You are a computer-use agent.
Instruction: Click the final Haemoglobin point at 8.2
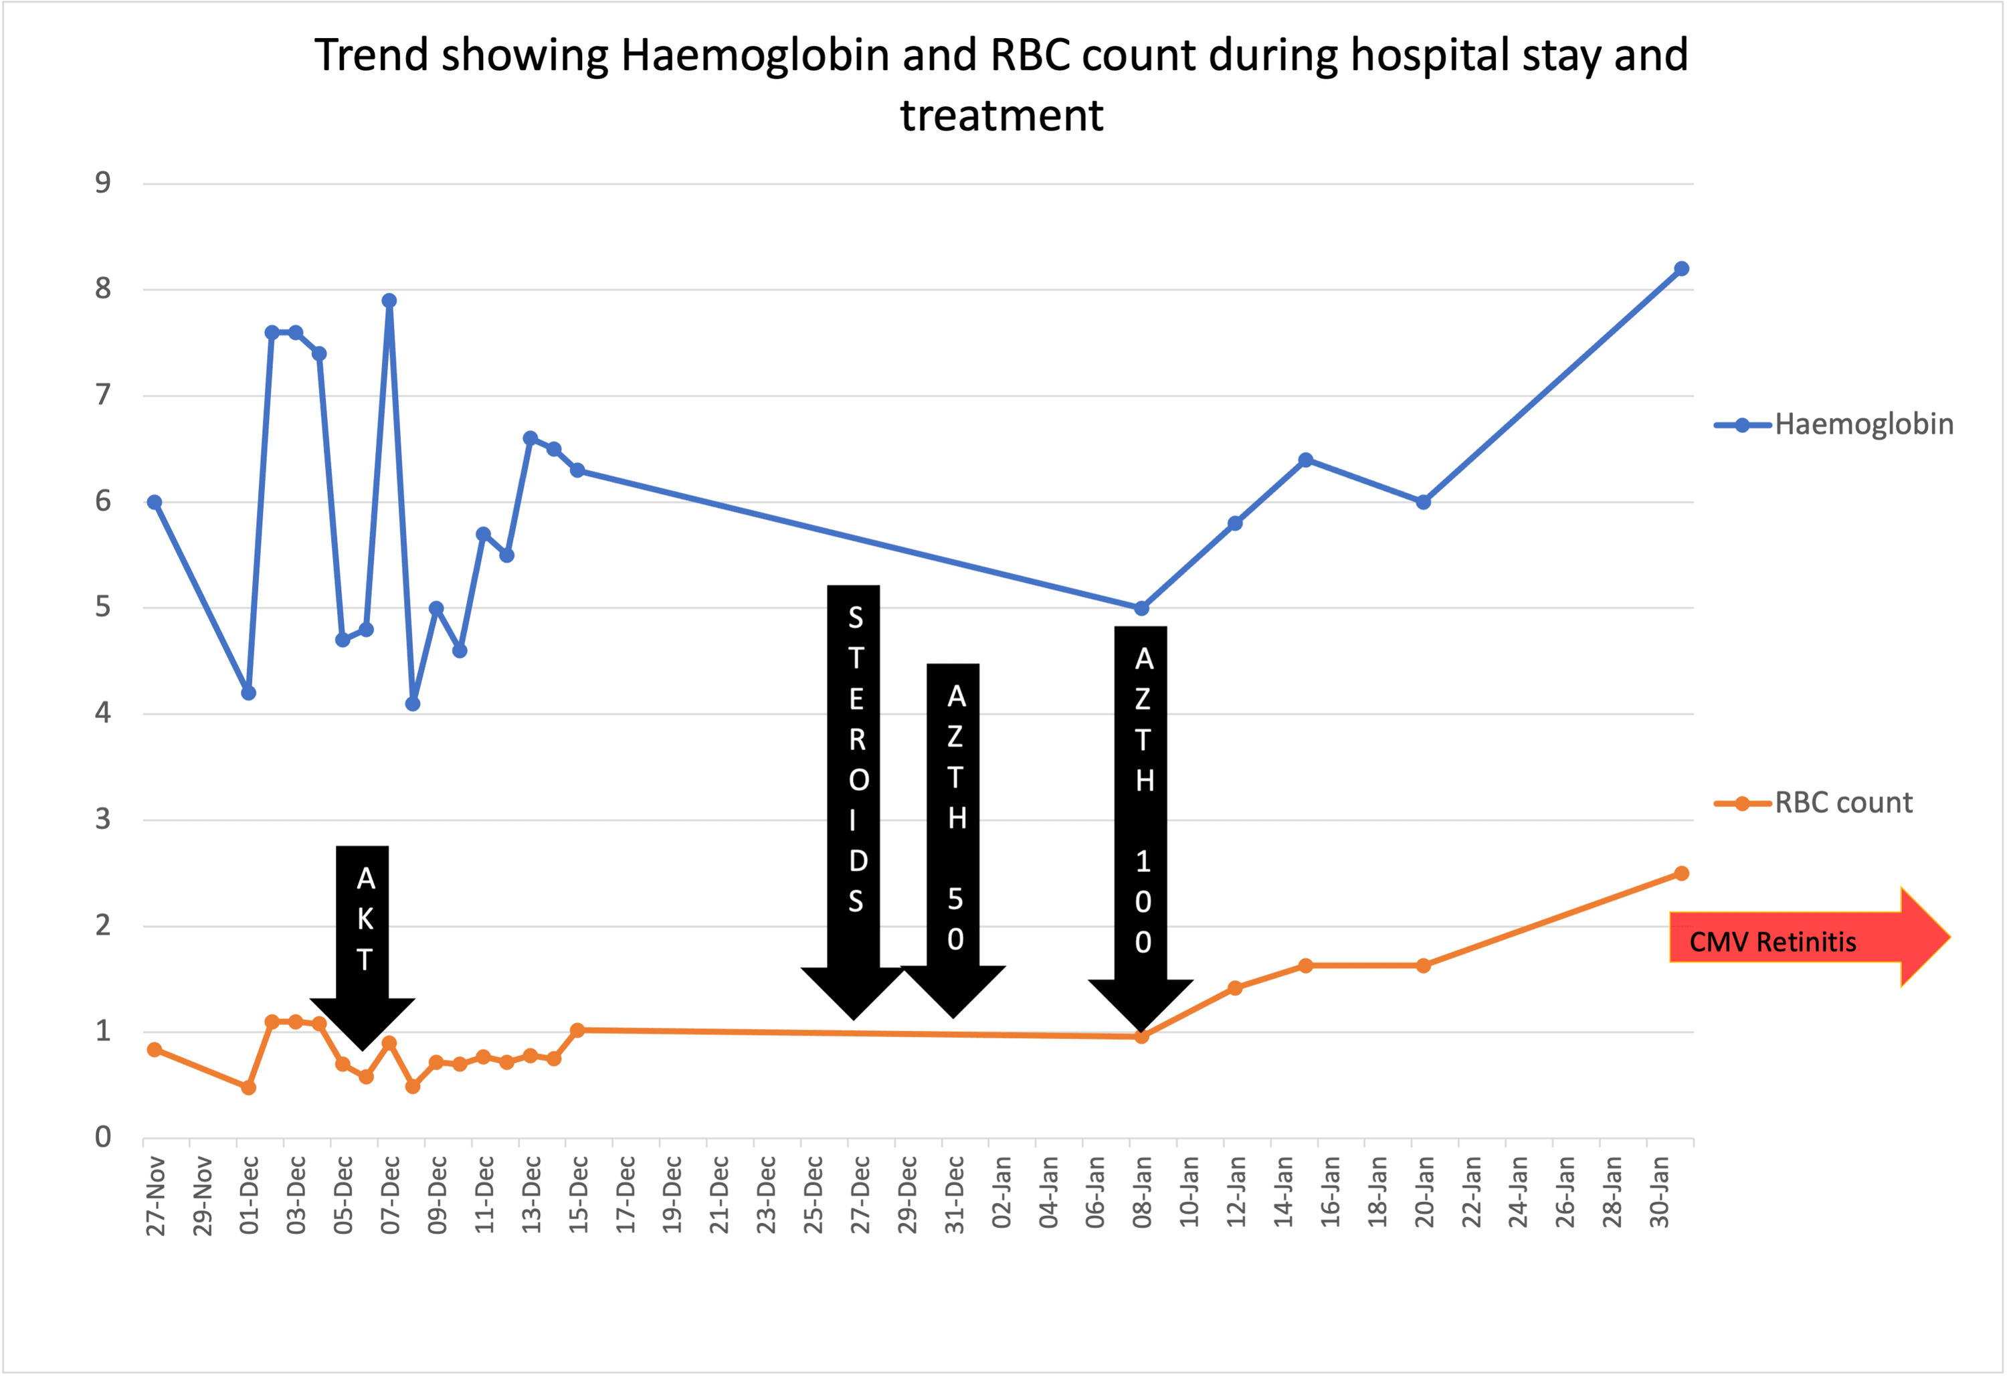point(1681,269)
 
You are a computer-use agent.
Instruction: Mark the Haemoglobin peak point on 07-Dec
point(389,300)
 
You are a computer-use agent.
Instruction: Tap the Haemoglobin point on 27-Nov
point(155,502)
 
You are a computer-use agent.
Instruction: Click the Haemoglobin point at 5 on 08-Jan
point(1142,608)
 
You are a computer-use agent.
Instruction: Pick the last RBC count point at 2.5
point(1681,873)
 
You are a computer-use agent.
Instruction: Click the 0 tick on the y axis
point(104,1137)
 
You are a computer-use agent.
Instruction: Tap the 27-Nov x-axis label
point(155,1196)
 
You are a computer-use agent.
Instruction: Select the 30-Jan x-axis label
point(1659,1193)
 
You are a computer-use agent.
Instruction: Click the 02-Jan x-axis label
point(1001,1193)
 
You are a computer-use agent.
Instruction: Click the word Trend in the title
point(371,56)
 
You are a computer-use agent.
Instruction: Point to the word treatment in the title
point(1001,115)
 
